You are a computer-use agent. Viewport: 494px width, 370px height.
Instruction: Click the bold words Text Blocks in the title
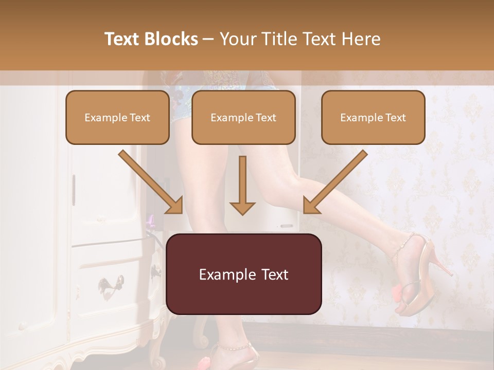151,39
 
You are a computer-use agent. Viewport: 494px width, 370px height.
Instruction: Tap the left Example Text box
117,117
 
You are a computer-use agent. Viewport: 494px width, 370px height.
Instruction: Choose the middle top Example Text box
243,117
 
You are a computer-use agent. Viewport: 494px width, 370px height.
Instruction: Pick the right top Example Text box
373,117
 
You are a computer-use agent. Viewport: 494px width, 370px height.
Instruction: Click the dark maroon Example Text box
243,274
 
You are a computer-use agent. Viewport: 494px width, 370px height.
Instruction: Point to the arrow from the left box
151,182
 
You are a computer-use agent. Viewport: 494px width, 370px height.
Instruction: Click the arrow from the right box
335,182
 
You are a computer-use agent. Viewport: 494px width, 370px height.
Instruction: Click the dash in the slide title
208,39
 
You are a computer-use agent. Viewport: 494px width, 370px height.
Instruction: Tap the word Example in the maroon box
223,274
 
